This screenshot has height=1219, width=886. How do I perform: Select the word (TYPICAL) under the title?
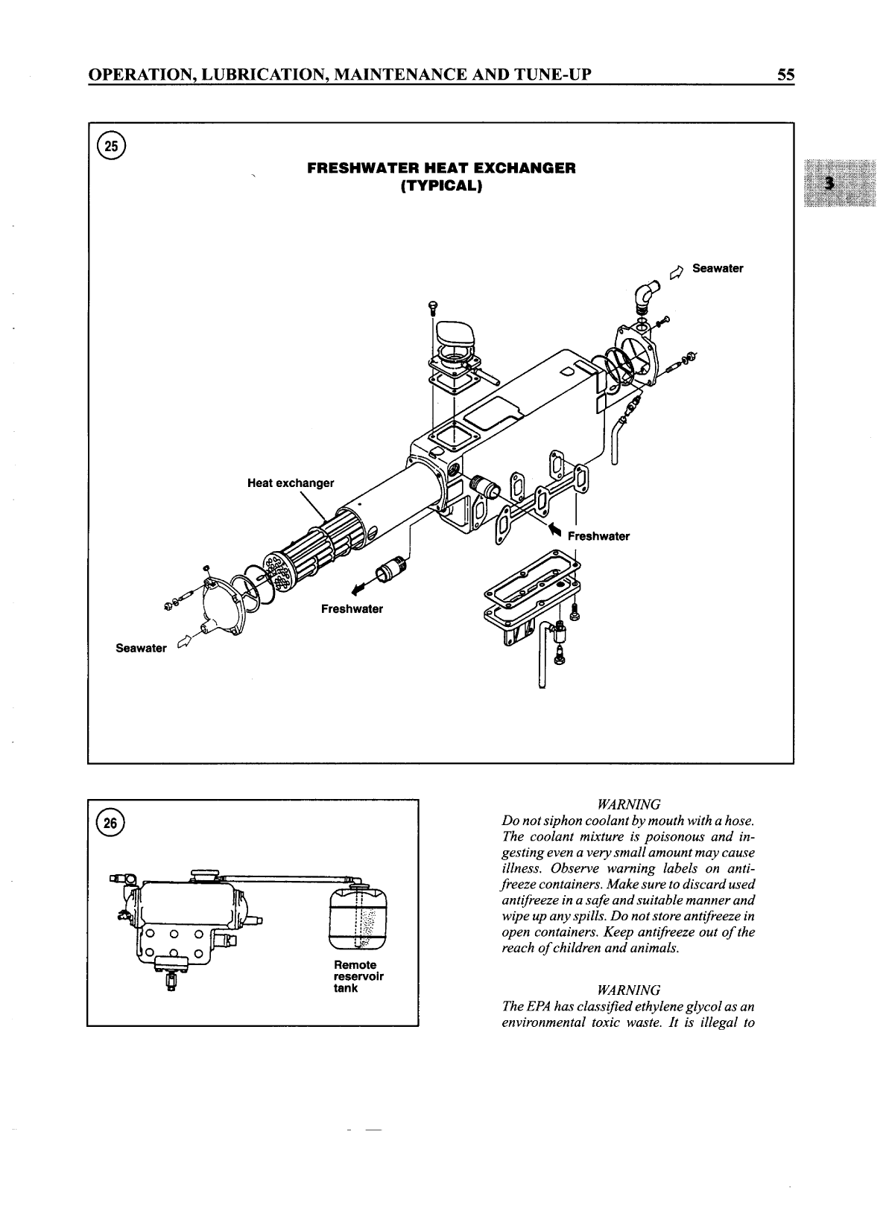pyautogui.click(x=441, y=186)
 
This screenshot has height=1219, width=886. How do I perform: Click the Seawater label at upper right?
pyautogui.click(x=717, y=268)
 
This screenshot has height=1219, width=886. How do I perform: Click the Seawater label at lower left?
pyautogui.click(x=141, y=648)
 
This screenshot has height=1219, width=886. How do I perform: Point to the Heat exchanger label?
pyautogui.click(x=291, y=483)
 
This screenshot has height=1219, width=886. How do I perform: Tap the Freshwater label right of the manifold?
pyautogui.click(x=598, y=536)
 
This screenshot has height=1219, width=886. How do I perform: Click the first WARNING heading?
pyautogui.click(x=629, y=805)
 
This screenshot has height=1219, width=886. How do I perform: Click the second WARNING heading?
pyautogui.click(x=629, y=990)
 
